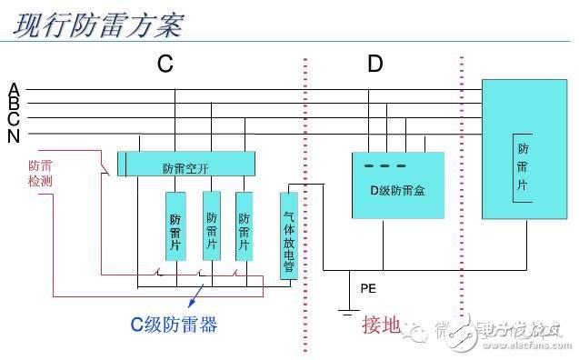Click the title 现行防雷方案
[98, 24]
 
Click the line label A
[14, 89]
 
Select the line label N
[14, 136]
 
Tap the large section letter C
[165, 64]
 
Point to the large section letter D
[375, 64]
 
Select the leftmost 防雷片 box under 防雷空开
[175, 226]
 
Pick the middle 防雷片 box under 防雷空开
[212, 226]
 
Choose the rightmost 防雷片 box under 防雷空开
[245, 226]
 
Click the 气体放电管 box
[288, 235]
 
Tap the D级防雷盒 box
[398, 186]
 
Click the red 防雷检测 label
[40, 174]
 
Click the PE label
[367, 289]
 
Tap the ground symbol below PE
[346, 311]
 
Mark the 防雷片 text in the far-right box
[523, 166]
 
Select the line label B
[14, 105]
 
